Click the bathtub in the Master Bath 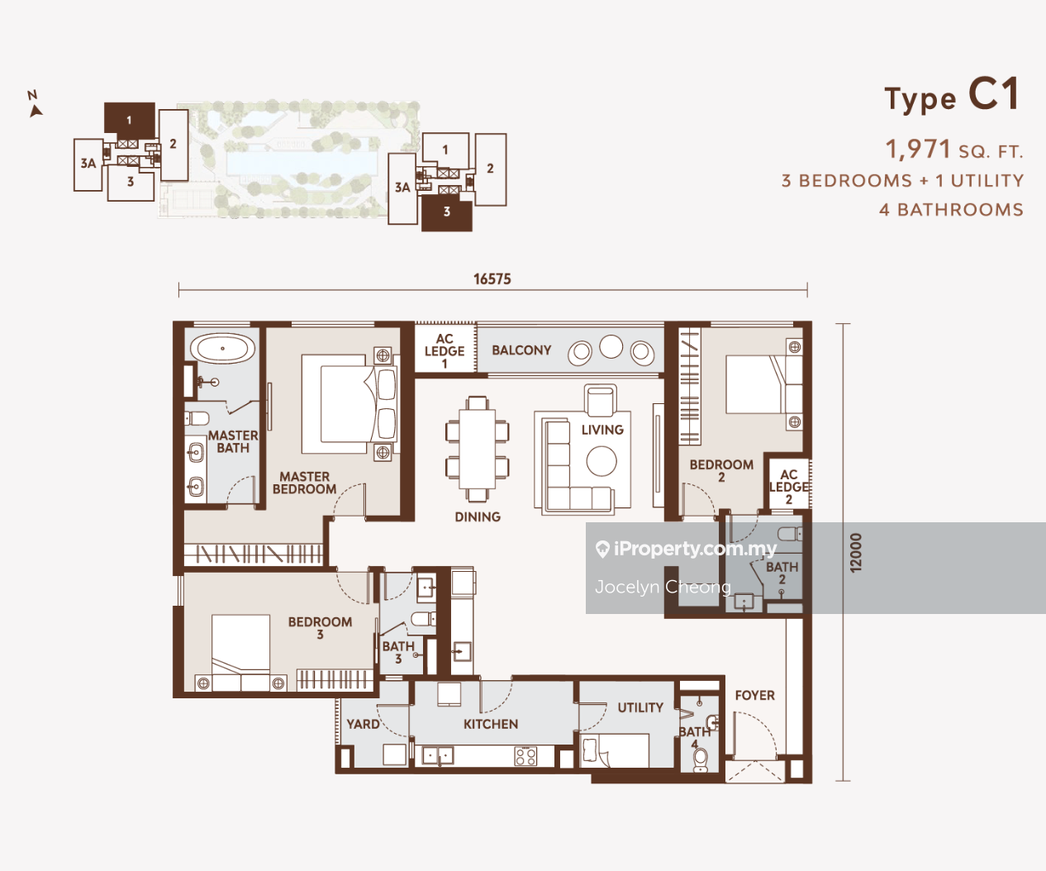click(x=222, y=348)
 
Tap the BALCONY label click(x=521, y=350)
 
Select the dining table click(x=477, y=449)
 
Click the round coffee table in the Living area click(x=601, y=461)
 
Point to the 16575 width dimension click(x=492, y=279)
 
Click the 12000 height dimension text click(x=856, y=552)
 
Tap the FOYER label click(x=754, y=695)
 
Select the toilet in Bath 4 click(x=700, y=760)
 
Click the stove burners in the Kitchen click(x=525, y=756)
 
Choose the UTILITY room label click(x=640, y=707)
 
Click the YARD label click(x=363, y=724)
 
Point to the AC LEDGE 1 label click(x=445, y=351)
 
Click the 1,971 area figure click(x=918, y=149)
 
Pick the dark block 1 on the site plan click(x=129, y=118)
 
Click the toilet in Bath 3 click(x=423, y=620)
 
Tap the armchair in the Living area click(x=600, y=401)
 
